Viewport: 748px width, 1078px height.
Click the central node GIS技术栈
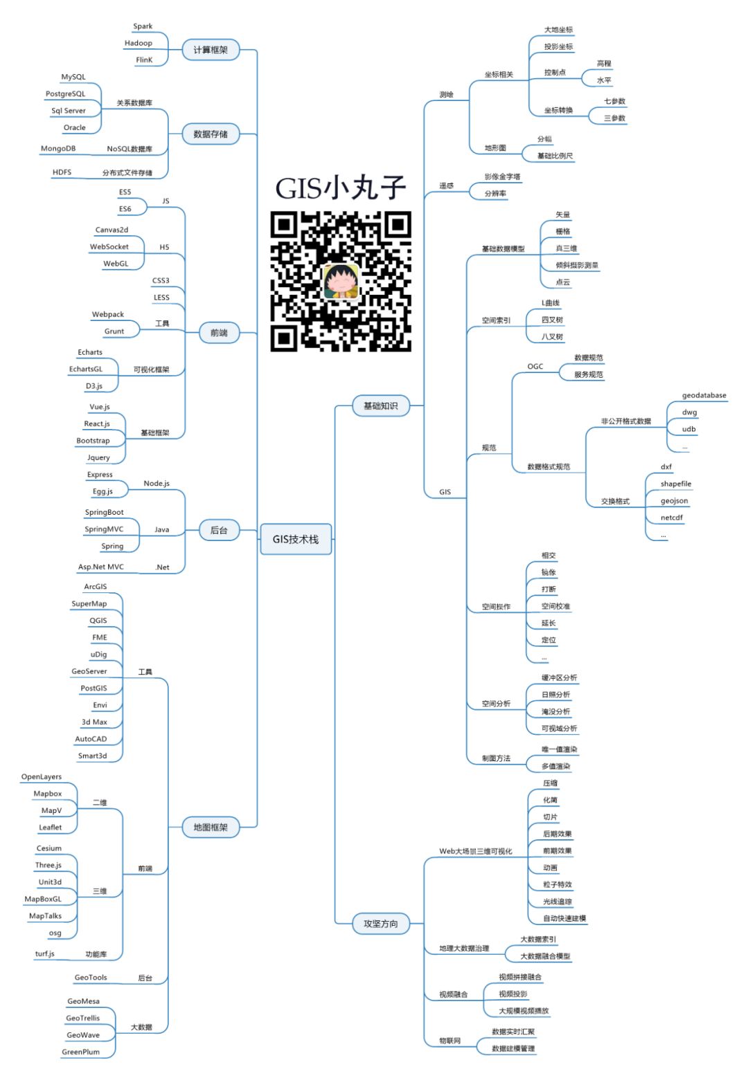point(296,540)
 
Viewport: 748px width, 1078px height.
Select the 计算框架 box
point(211,50)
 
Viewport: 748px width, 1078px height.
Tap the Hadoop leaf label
point(139,43)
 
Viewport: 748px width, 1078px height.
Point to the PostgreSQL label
point(66,94)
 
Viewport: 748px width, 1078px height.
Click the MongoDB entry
point(58,149)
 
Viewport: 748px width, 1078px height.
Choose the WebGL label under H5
point(116,264)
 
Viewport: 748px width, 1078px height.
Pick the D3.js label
point(94,386)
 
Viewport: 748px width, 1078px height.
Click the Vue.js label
point(100,407)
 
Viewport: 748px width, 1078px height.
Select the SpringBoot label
point(105,513)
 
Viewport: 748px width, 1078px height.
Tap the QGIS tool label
point(98,621)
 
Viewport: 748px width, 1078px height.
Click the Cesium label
point(49,848)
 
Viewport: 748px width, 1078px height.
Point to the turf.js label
point(45,954)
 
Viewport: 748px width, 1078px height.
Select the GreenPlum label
point(81,1052)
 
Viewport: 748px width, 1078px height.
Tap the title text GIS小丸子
point(340,188)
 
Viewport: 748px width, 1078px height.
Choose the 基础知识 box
point(381,406)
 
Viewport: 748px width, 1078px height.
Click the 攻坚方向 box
point(381,924)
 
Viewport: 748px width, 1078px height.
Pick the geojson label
point(674,501)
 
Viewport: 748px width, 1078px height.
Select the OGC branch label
point(535,367)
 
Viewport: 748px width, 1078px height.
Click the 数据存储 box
point(211,134)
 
